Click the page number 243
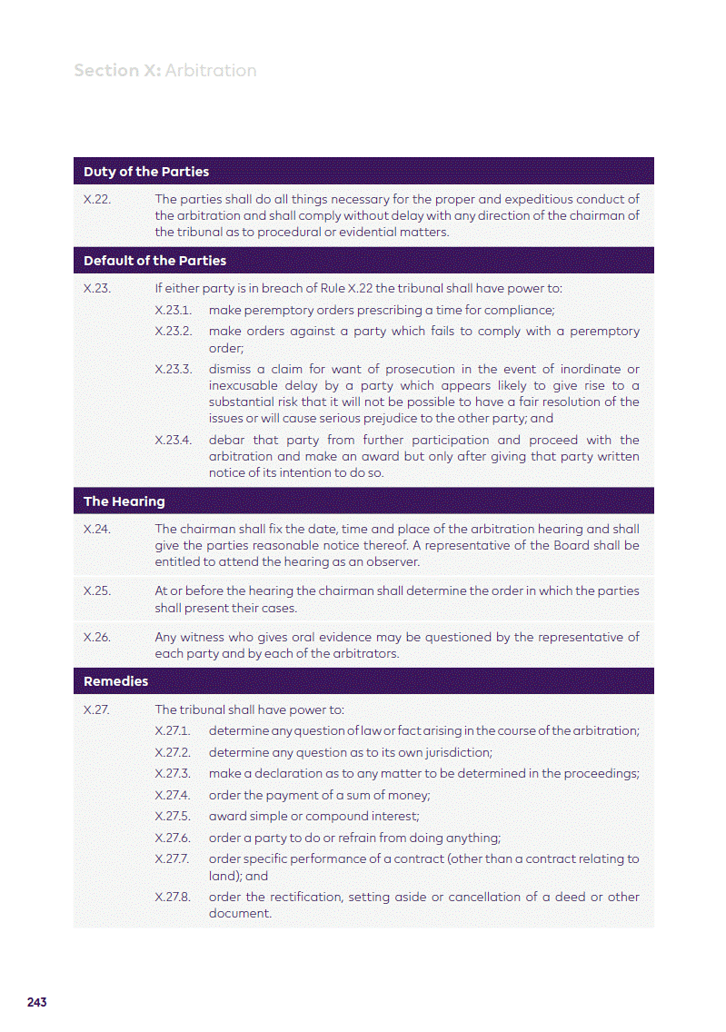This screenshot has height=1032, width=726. tap(37, 1002)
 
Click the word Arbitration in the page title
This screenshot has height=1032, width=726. tap(211, 71)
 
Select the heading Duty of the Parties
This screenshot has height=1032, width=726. tap(146, 172)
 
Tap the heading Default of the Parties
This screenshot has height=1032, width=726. tap(154, 261)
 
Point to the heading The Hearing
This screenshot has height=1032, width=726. tap(124, 501)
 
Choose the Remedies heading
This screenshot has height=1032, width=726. tap(115, 681)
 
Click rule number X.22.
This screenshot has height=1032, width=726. tap(97, 199)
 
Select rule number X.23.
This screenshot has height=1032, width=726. tap(97, 289)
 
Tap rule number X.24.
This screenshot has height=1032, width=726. tap(97, 529)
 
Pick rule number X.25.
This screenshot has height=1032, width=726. tap(97, 590)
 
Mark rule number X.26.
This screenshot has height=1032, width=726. tap(97, 637)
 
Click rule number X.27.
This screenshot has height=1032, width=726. tap(97, 709)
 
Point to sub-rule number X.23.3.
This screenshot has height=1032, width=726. tap(174, 369)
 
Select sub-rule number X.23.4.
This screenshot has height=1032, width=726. tap(174, 440)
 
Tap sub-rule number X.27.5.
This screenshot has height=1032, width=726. tap(173, 816)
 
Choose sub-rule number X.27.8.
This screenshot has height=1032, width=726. tap(173, 897)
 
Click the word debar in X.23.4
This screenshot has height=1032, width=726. tap(226, 440)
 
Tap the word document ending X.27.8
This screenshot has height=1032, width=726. tap(240, 913)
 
